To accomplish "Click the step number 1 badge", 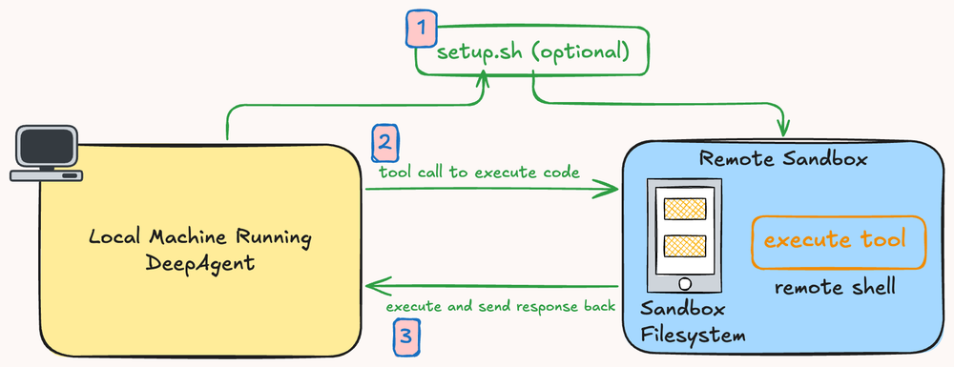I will [x=420, y=28].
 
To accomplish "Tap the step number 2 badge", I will [x=384, y=143].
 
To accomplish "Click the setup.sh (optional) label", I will [x=533, y=51].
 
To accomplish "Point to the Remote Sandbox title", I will [x=783, y=159].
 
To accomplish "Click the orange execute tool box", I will [x=840, y=240].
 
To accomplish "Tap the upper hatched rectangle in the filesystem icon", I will [x=684, y=208].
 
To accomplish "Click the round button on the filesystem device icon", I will [x=683, y=284].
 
